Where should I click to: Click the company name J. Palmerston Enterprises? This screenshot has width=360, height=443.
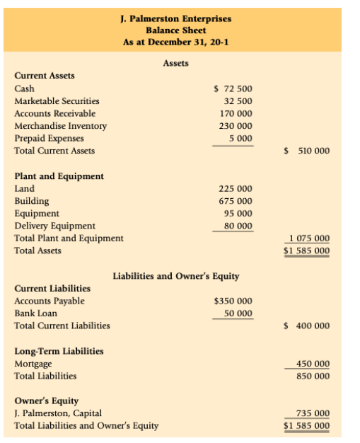(x=175, y=18)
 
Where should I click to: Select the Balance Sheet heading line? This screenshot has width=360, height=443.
(x=175, y=30)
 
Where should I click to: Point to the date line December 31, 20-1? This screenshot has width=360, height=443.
(x=175, y=42)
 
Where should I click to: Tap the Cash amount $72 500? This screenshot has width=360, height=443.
(x=233, y=89)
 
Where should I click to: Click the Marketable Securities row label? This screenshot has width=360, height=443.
(x=57, y=101)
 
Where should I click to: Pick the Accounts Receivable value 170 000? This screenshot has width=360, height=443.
(x=236, y=113)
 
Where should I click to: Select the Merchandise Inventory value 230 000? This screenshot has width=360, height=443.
(x=236, y=126)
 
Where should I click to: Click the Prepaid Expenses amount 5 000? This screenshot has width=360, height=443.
(x=240, y=138)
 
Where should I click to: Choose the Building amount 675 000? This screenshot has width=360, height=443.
(x=236, y=201)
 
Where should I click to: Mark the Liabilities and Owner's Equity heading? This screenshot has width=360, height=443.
(x=176, y=276)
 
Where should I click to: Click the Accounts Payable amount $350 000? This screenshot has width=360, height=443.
(x=233, y=301)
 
